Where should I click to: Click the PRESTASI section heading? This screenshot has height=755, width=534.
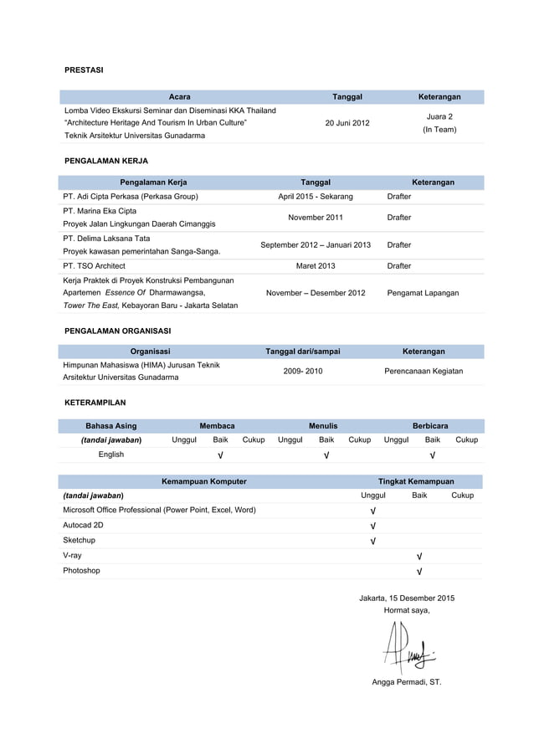84,70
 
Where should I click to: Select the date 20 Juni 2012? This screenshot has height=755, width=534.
347,123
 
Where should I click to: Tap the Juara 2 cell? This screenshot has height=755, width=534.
439,116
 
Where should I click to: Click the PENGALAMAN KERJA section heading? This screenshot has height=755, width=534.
106,160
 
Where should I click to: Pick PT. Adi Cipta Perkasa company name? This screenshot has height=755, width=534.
130,197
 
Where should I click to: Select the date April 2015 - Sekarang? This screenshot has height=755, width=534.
316,197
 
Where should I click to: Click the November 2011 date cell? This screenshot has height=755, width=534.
316,218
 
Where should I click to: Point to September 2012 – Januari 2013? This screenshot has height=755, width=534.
316,245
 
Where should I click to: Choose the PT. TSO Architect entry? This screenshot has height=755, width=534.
94,266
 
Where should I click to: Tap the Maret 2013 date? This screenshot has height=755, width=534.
316,266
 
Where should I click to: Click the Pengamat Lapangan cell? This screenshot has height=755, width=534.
423,293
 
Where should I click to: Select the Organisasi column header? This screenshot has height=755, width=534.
151,352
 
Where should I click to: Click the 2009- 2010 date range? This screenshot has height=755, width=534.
302,371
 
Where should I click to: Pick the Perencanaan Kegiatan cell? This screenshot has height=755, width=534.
424,371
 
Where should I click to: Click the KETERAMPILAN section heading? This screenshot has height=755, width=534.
95,403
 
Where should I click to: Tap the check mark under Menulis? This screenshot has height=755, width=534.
326,455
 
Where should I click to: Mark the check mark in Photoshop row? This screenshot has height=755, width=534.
419,572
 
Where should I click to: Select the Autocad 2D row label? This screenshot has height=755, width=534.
84,526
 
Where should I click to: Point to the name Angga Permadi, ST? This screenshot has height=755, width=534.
406,682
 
